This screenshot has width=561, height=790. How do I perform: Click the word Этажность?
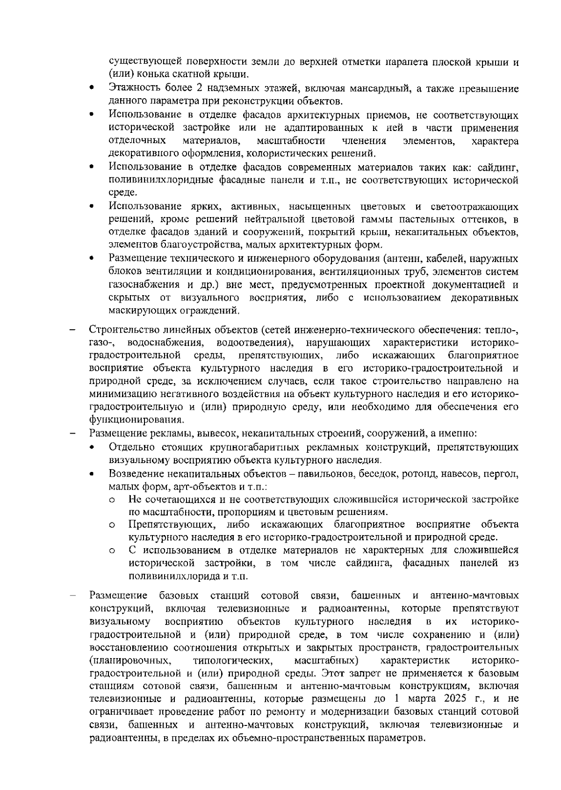coord(132,88)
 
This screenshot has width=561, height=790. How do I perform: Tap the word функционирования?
coord(136,419)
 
